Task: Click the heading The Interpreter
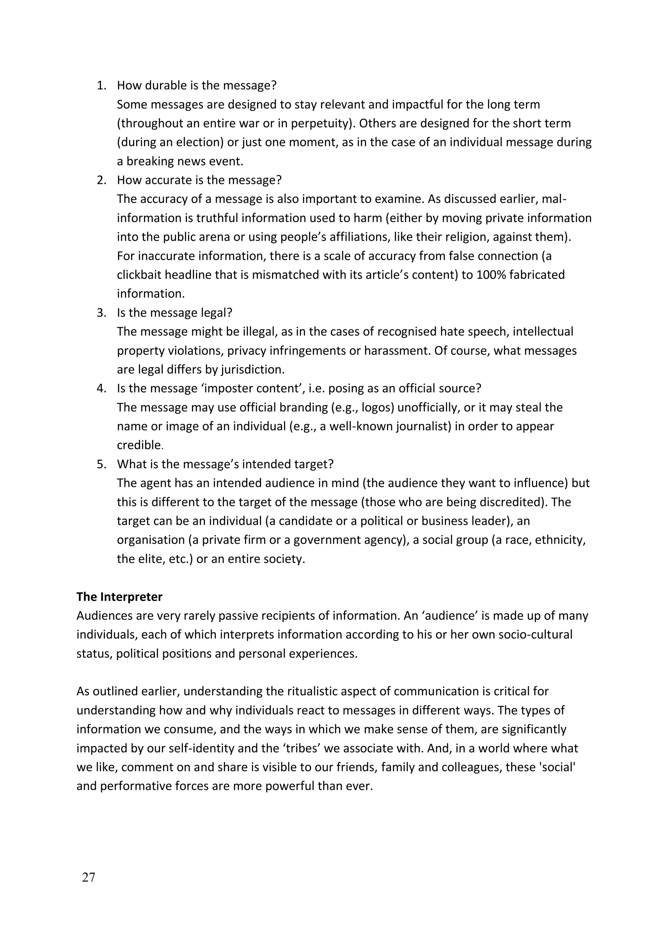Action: (x=120, y=597)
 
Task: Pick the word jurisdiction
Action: (x=252, y=370)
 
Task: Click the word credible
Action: (x=139, y=445)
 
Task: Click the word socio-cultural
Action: (x=535, y=635)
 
